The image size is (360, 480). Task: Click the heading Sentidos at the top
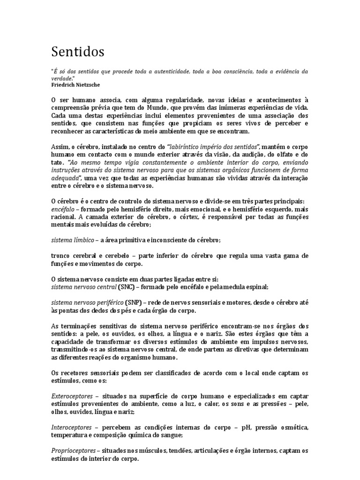click(78, 51)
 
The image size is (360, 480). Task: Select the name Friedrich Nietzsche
click(75, 85)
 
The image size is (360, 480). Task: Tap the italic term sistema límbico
click(72, 240)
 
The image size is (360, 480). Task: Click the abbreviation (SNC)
click(126, 286)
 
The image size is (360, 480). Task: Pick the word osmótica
click(290, 427)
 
